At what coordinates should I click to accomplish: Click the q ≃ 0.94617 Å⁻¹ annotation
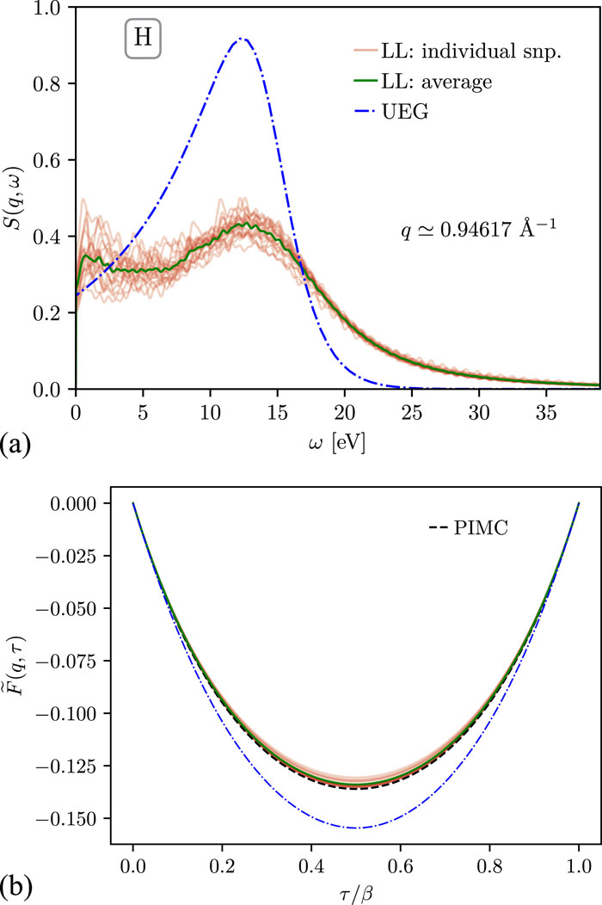click(x=471, y=230)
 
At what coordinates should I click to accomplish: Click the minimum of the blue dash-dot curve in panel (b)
click(x=355, y=828)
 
